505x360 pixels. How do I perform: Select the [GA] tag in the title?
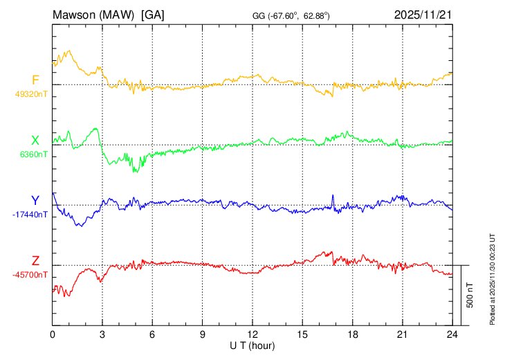click(x=152, y=14)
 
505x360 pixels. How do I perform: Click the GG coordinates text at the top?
click(x=291, y=15)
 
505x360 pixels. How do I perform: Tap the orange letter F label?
click(x=35, y=80)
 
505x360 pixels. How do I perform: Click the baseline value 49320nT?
click(x=30, y=93)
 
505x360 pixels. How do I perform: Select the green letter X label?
click(x=35, y=141)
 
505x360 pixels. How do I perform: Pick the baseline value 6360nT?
click(x=33, y=154)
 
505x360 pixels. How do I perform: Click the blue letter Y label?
click(x=35, y=201)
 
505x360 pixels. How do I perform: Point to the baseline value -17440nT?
click(x=30, y=214)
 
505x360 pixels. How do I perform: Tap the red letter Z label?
click(x=35, y=261)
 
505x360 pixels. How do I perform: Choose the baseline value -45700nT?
click(x=30, y=274)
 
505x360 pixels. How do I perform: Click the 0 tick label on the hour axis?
click(x=53, y=334)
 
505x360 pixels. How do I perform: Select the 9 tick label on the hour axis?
click(x=203, y=334)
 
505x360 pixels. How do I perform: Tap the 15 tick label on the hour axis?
click(x=302, y=334)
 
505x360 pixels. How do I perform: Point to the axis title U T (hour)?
click(x=252, y=345)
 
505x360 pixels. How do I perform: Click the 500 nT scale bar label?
click(x=470, y=295)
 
